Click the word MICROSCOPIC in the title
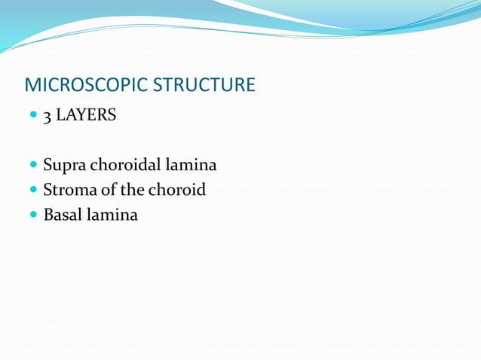[x=86, y=84]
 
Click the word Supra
[x=62, y=165]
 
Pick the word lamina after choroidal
[x=192, y=165]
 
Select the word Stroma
[x=67, y=190]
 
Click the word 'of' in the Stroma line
[x=104, y=190]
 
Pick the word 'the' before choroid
[x=130, y=190]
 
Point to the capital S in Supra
[x=47, y=165]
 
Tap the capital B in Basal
[x=48, y=215]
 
